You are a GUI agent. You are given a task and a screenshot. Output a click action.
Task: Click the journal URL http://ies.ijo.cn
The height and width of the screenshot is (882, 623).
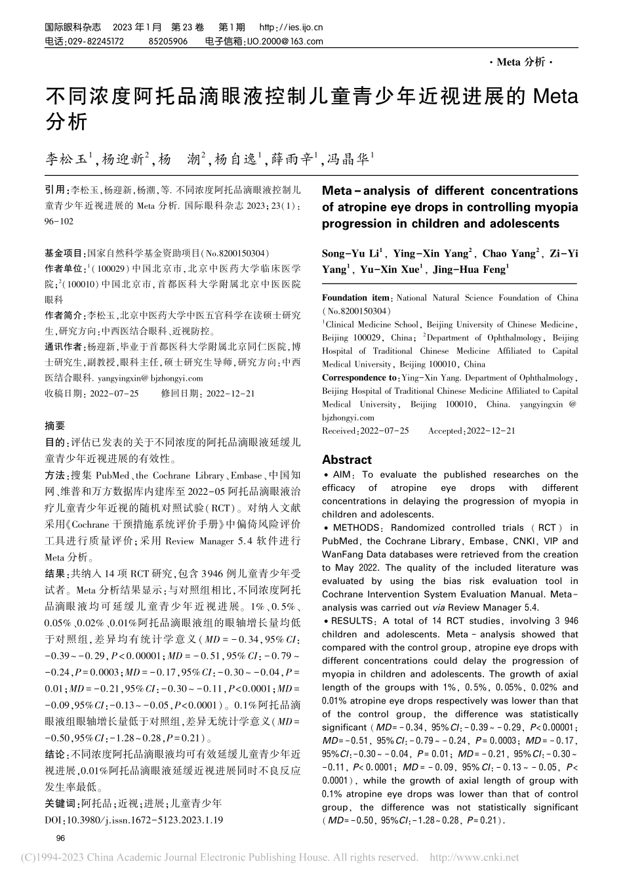point(291,28)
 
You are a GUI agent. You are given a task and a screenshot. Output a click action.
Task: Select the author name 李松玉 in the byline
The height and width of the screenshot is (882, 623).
point(66,158)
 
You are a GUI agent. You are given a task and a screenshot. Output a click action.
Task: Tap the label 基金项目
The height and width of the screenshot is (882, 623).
point(64,253)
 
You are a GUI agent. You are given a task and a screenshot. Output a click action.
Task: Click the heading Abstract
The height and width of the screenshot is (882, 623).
point(346,459)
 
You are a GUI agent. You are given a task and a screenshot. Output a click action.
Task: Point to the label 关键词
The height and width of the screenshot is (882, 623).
point(60,803)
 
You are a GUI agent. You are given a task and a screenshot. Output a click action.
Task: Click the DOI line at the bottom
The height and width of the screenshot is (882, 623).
point(134,820)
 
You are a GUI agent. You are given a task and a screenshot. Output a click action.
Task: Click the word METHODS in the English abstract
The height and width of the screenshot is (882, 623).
point(355,528)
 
